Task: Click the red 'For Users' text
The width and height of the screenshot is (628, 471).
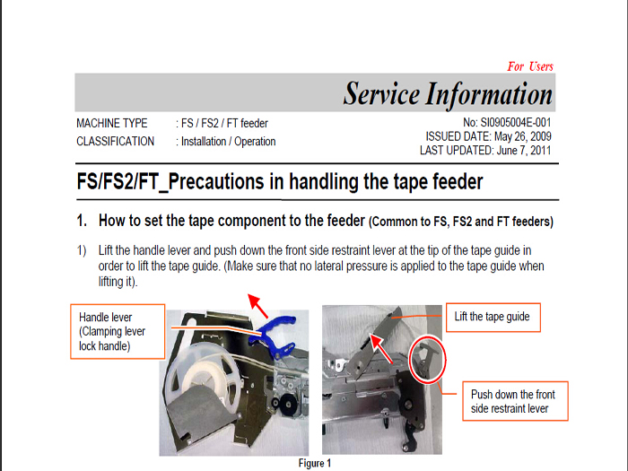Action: [x=530, y=66]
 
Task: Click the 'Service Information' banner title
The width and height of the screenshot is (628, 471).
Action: [x=448, y=93]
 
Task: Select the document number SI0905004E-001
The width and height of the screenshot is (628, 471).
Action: [x=516, y=123]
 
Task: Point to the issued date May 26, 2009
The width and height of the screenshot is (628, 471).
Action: [x=523, y=136]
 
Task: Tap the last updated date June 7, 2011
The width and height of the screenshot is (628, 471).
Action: [x=524, y=151]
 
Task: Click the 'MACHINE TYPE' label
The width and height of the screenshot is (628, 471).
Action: [x=112, y=124]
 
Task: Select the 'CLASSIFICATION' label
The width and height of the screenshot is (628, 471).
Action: [x=116, y=142]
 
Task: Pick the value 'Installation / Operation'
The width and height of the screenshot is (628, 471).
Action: [x=228, y=142]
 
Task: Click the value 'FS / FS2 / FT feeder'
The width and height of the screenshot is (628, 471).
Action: [x=224, y=124]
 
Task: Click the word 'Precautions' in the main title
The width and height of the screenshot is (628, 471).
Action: [x=216, y=182]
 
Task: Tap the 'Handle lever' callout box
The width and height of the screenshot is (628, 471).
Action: [x=118, y=331]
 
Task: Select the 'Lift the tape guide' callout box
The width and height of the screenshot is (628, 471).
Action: [x=493, y=318]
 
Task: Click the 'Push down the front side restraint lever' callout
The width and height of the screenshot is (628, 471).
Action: [x=515, y=401]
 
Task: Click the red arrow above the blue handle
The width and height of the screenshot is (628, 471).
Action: [x=257, y=305]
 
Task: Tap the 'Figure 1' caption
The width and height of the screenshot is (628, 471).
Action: [x=315, y=464]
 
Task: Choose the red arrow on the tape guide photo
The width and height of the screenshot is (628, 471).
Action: [x=380, y=348]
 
